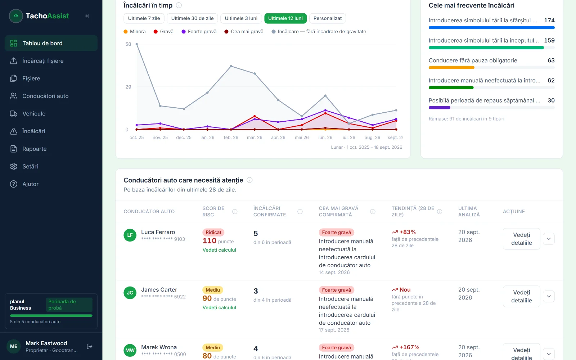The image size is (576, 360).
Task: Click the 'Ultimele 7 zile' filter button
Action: coord(144,18)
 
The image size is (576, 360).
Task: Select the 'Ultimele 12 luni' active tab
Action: coord(285,18)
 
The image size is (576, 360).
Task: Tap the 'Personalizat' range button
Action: coord(327,18)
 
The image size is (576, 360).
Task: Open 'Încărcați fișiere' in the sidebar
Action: coord(43,61)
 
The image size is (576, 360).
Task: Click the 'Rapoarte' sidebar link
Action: coord(35,149)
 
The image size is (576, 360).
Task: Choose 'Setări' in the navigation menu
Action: coord(30,166)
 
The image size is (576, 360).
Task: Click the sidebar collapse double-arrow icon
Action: coord(87,16)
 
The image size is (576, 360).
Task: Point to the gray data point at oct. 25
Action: coord(136,44)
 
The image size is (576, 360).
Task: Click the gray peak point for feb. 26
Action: coord(231,66)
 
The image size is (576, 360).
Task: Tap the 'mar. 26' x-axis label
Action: coord(255,137)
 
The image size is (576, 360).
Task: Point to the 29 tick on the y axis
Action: coord(128,87)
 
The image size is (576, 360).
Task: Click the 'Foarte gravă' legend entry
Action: coord(199,31)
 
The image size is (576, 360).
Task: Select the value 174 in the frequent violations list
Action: coord(549,20)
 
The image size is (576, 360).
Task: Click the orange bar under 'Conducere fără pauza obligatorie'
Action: coord(451,68)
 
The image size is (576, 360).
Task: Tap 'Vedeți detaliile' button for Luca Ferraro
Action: coord(522,239)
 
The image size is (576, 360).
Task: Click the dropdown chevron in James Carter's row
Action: coord(549,296)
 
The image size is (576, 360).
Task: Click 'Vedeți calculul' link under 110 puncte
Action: coord(219,250)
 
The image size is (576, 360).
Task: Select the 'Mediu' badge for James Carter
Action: coord(213,290)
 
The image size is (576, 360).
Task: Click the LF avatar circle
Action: coord(130,235)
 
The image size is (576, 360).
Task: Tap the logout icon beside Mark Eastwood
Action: coord(90,346)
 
